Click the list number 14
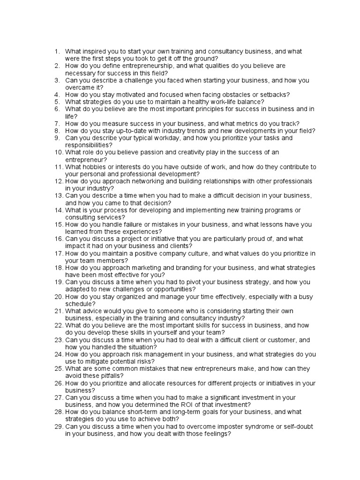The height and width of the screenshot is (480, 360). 58,210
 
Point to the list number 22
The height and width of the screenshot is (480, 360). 58,325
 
